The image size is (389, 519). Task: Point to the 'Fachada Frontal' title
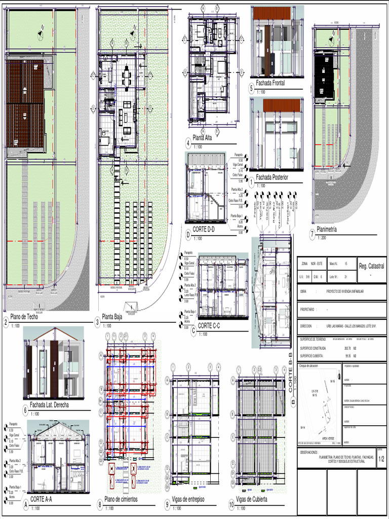270,83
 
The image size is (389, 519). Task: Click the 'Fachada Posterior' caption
272,177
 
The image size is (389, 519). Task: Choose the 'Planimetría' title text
327,230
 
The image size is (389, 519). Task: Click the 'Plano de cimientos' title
121,499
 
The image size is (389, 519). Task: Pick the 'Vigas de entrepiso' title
188,500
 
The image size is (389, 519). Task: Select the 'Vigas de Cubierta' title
252,500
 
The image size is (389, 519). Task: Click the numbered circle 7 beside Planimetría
312,234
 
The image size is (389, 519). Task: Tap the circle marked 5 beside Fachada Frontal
251,88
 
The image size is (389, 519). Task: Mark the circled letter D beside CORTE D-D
188,234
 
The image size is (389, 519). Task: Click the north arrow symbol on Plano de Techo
40,34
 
